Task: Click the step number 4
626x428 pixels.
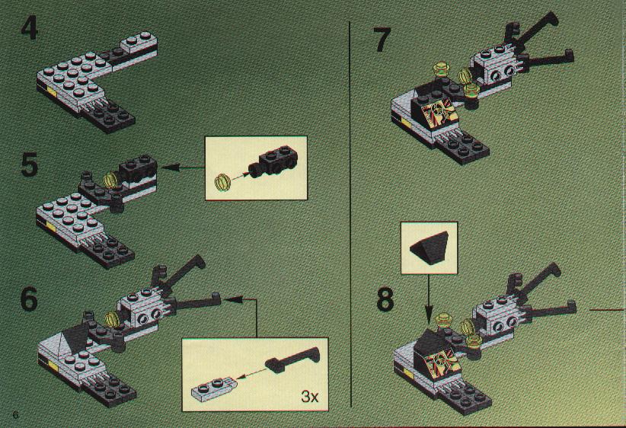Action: tap(30, 29)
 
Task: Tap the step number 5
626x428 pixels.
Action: tap(30, 166)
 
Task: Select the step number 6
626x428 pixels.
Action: tap(29, 299)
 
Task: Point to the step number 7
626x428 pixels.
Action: tap(382, 40)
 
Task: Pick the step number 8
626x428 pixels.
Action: tap(385, 300)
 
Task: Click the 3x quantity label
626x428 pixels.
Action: tap(309, 397)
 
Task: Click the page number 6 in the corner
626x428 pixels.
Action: tap(15, 414)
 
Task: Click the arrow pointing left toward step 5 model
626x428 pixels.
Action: tap(183, 168)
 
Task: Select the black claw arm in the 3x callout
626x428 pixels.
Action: tap(292, 359)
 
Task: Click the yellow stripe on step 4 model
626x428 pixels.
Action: tap(53, 91)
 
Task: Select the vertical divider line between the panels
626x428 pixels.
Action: tap(350, 215)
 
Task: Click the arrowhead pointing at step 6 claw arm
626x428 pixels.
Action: tap(233, 299)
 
